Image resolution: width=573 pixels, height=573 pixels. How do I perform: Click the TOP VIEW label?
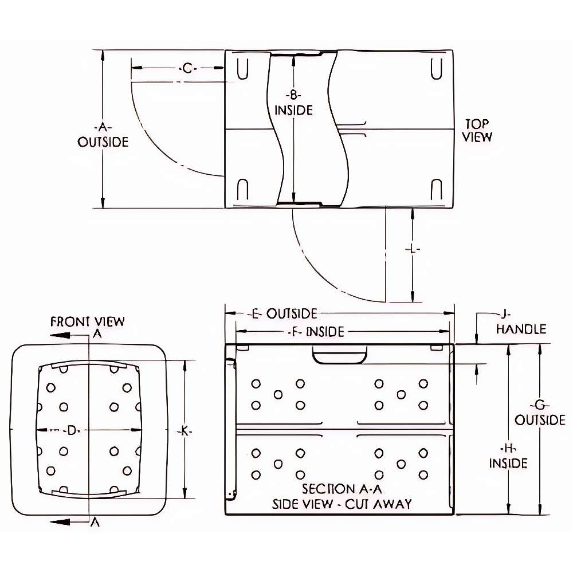(x=478, y=130)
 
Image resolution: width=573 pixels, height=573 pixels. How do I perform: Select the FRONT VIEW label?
(x=87, y=321)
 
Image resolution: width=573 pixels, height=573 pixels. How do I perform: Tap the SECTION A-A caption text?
(x=342, y=489)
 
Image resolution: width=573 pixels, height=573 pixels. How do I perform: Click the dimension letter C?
(x=187, y=69)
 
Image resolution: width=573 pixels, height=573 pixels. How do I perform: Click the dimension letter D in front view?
(x=71, y=430)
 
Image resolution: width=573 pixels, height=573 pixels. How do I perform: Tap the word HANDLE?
(x=520, y=329)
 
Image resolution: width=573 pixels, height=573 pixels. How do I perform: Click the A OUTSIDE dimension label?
(x=103, y=135)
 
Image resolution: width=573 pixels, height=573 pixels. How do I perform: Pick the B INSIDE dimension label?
(x=293, y=103)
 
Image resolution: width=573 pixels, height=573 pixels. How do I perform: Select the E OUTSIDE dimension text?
(x=284, y=313)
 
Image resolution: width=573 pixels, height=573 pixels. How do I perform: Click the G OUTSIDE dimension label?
(x=539, y=413)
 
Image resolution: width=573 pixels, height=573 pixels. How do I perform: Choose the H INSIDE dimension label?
(x=508, y=456)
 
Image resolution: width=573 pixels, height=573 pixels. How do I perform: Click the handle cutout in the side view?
(x=340, y=355)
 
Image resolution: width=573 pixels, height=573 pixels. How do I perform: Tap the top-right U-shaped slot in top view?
(x=437, y=67)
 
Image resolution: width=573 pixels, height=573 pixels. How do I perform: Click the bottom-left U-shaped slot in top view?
(x=242, y=189)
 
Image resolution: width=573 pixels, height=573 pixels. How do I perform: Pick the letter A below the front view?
(x=97, y=522)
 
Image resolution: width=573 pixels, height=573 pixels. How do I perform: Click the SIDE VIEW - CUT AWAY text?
(x=342, y=504)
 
